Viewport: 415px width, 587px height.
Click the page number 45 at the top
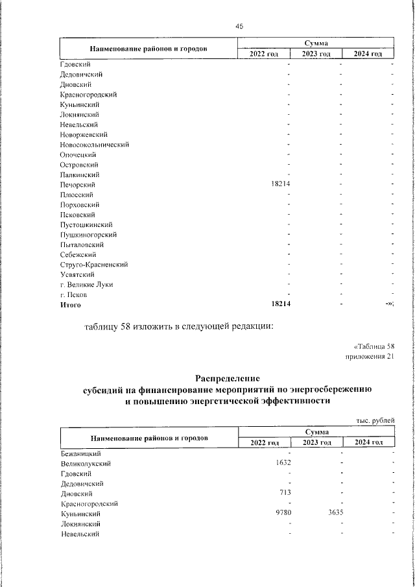(239, 26)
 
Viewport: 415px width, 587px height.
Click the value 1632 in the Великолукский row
(283, 464)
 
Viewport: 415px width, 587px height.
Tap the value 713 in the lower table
(285, 494)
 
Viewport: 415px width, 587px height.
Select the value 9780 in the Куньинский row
(283, 513)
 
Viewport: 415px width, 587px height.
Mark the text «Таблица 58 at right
(373, 346)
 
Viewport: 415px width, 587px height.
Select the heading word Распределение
(227, 377)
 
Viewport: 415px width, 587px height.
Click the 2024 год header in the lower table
(368, 443)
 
